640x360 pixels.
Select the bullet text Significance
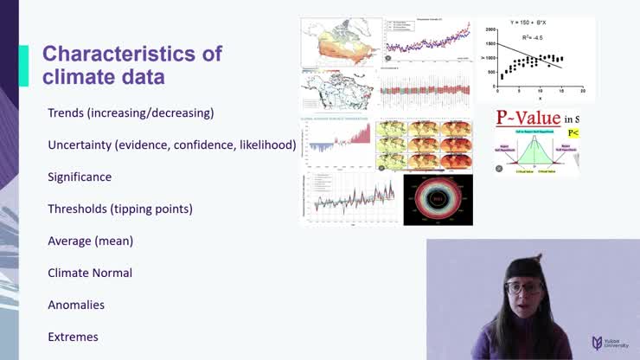click(x=80, y=177)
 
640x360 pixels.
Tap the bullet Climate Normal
click(x=90, y=273)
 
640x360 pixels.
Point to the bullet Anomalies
click(x=76, y=305)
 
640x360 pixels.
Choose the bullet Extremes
click(x=73, y=337)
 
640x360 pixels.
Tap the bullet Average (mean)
click(x=90, y=241)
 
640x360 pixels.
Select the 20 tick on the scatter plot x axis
click(x=583, y=91)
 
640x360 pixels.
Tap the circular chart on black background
click(x=438, y=200)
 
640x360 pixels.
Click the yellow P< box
click(x=573, y=133)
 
